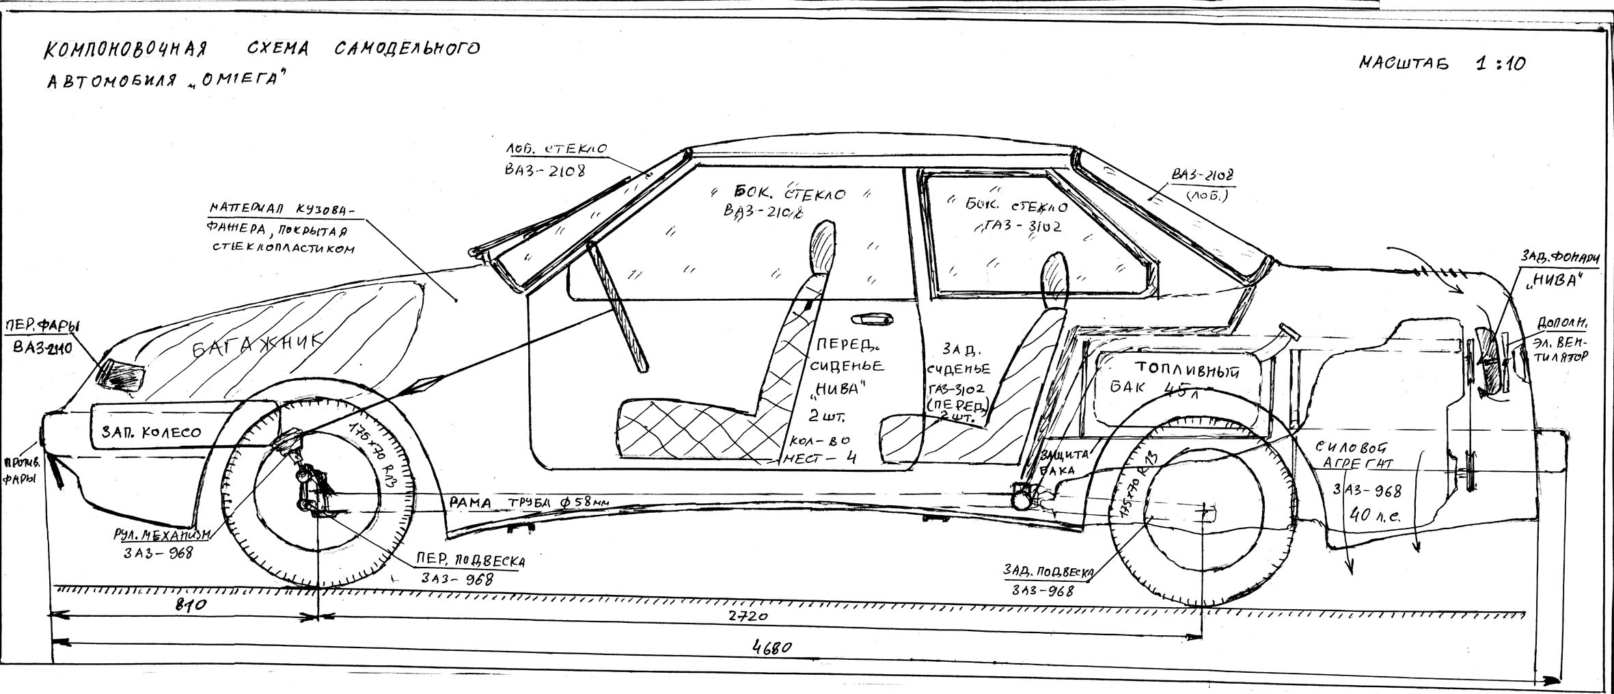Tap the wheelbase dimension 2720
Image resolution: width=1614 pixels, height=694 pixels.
coord(748,617)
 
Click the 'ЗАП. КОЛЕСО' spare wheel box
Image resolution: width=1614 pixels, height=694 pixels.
coord(151,432)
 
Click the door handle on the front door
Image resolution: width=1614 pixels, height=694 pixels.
coord(871,319)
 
